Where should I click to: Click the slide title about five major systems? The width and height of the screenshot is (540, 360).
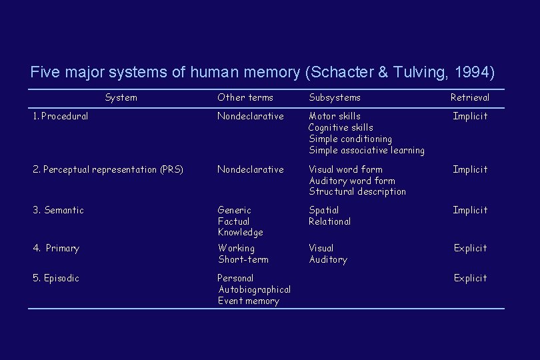pos(263,72)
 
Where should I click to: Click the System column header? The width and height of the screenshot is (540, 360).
pos(121,97)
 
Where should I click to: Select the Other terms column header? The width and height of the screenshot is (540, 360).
pos(245,97)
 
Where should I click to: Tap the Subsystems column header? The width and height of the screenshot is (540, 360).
pos(335,97)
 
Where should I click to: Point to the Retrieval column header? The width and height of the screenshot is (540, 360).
pos(469,97)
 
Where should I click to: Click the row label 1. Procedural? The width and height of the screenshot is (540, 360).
pos(61,116)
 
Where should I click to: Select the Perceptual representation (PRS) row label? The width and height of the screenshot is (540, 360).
pos(108,169)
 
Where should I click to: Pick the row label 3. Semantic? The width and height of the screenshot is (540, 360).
pos(59,210)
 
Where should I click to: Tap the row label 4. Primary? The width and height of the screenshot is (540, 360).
pos(56,248)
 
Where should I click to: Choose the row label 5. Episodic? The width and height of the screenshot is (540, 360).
pos(56,278)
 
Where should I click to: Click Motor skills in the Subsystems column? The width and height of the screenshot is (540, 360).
pos(335,116)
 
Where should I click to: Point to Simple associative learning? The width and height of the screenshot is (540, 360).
pos(367,150)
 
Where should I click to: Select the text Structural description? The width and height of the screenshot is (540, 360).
pos(357,191)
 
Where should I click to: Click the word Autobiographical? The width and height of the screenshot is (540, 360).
pos(255,289)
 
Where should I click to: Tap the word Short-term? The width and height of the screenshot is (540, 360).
pos(243,259)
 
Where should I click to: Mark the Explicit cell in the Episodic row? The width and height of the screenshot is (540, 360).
pos(471,278)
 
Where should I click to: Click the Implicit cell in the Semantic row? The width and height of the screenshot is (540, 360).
pos(470,210)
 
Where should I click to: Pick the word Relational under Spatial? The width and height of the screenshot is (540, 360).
pos(329,221)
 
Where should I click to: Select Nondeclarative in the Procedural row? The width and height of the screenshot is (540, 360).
pos(251,116)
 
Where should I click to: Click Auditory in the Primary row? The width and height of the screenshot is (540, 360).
pos(328,259)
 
